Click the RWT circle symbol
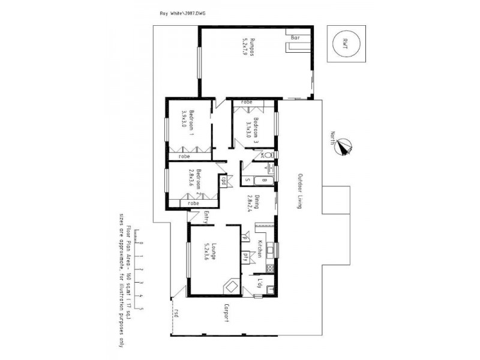[344, 43]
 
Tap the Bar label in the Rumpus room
[295, 38]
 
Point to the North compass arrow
[344, 146]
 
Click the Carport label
[227, 313]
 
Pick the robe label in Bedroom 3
[246, 103]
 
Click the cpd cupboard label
[223, 181]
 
